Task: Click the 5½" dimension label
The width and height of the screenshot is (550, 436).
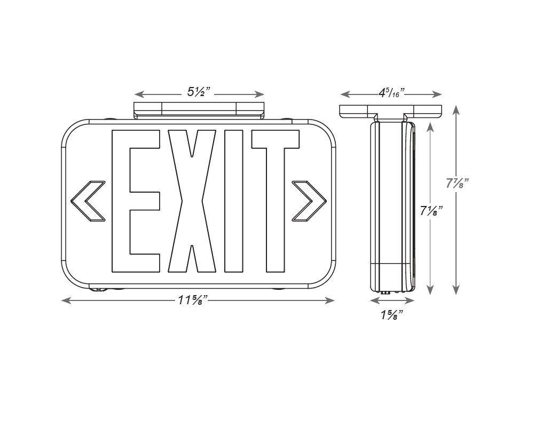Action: coord(199,92)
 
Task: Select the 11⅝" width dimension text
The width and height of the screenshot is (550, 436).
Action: coord(193,300)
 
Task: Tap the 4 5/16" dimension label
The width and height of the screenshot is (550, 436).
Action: coord(391,93)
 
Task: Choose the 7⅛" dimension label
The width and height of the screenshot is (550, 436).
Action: coord(431,211)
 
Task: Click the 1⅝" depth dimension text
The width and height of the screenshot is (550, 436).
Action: coord(391,315)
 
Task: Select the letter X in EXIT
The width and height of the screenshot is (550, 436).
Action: coord(192,201)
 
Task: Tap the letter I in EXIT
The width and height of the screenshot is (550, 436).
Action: coord(233,201)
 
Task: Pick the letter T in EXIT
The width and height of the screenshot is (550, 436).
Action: coord(276,201)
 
